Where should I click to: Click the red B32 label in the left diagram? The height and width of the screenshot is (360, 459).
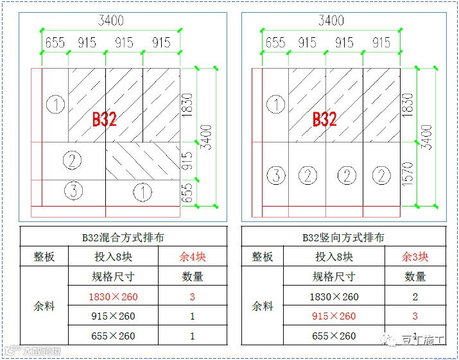105,119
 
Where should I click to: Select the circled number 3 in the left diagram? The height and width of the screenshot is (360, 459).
74,191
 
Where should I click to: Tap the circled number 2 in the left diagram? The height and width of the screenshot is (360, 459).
72,160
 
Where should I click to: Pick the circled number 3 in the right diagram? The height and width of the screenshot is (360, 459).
276,175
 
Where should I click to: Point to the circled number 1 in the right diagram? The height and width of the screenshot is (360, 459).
275,105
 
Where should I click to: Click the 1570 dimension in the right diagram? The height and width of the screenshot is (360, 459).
407,174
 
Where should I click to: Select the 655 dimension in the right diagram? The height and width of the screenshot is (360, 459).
275,42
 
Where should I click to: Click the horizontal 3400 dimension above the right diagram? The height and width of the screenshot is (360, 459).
331,21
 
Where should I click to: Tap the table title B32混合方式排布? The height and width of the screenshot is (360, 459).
124,237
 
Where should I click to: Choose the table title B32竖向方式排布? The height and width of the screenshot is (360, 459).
343,237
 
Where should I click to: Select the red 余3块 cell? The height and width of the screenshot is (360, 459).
415,257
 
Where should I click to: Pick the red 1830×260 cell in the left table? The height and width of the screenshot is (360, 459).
114,296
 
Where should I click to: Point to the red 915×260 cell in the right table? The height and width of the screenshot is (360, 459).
334,316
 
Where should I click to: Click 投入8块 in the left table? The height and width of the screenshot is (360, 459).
114,257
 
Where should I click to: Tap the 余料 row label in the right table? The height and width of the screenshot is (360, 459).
263,306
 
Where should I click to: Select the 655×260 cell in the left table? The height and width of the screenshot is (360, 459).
114,336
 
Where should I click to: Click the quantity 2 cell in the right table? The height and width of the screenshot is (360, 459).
415,296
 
